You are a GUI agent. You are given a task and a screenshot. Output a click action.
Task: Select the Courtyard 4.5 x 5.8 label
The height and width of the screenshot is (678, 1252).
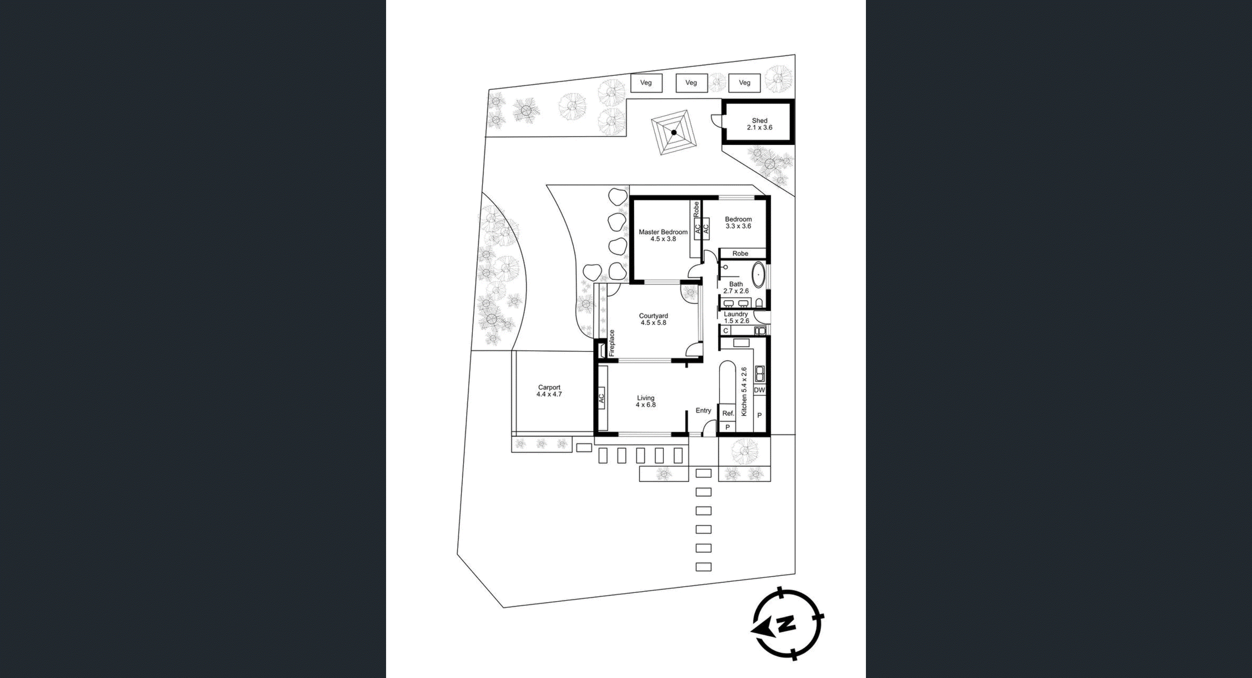tap(653, 319)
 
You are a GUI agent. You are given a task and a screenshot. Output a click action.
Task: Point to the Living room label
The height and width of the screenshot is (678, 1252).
tap(645, 401)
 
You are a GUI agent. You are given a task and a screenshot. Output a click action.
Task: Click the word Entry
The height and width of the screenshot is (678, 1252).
tap(703, 410)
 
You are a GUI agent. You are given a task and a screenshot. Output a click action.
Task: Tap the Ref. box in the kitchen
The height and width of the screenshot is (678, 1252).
tap(728, 413)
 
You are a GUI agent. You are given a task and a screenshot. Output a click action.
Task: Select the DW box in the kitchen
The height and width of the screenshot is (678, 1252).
tap(759, 390)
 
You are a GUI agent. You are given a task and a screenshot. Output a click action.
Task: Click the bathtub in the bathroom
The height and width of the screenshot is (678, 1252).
tap(758, 275)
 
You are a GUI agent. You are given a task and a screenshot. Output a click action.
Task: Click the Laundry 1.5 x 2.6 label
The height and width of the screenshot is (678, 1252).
tap(736, 318)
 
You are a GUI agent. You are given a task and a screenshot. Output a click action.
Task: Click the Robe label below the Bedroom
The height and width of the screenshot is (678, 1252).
tap(740, 254)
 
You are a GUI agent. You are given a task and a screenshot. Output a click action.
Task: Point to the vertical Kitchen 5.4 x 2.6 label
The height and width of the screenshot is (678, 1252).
tap(744, 391)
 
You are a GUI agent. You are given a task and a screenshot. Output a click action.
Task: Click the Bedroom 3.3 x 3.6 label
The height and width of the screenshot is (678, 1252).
tap(738, 223)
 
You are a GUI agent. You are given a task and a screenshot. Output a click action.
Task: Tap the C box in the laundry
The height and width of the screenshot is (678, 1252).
tap(726, 331)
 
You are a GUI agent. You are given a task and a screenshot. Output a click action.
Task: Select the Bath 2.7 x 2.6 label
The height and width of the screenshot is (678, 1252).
tap(736, 288)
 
